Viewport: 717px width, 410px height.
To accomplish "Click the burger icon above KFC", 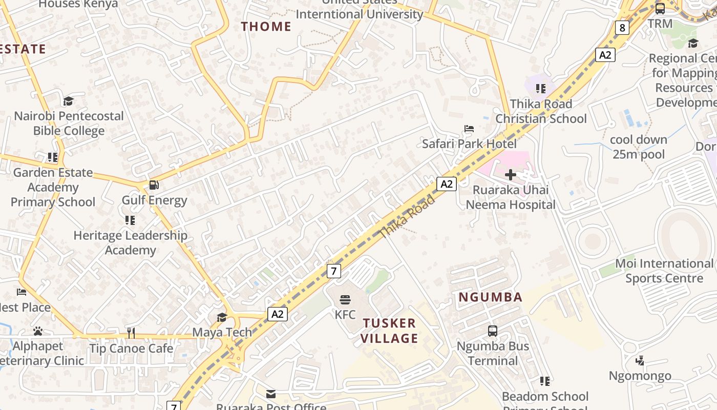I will point(345,299).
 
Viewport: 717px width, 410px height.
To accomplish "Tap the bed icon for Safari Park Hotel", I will point(469,128).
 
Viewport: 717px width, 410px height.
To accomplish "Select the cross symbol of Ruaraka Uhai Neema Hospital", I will point(511,175).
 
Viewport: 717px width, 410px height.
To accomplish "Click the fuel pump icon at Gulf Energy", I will point(154,185).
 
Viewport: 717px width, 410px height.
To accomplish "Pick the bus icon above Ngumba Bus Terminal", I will point(493,331).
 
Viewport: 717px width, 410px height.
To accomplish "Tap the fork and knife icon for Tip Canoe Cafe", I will point(131,333).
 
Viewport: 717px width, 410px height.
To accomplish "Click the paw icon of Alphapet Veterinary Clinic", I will point(37,331).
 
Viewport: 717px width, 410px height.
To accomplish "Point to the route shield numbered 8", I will point(622,28).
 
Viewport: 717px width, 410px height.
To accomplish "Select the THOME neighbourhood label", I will point(266,27).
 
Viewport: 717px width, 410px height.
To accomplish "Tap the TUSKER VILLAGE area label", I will point(389,331).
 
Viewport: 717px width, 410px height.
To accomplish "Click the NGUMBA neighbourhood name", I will point(490,297).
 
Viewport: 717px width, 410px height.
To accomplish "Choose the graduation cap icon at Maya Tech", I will point(222,317).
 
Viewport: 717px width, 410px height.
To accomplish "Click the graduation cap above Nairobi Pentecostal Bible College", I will point(68,101).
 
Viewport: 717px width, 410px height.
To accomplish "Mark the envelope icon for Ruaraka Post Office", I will point(271,394).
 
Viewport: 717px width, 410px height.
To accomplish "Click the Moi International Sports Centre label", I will point(664,271).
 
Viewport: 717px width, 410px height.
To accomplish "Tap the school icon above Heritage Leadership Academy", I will point(130,220).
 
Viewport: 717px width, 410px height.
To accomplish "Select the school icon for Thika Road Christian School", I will point(540,89).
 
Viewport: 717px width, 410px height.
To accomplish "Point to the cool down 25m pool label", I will point(639,147).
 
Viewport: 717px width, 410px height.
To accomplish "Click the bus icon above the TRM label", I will point(660,8).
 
